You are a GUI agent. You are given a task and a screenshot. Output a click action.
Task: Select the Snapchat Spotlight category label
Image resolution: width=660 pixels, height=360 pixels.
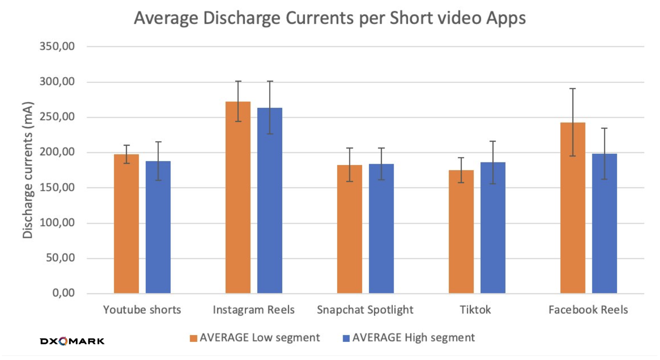pyautogui.click(x=365, y=310)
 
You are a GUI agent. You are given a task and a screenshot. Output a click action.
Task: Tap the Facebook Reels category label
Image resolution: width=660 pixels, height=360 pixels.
pyautogui.click(x=588, y=310)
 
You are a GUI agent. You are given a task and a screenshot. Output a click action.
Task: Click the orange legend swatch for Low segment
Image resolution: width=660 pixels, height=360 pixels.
pyautogui.click(x=193, y=338)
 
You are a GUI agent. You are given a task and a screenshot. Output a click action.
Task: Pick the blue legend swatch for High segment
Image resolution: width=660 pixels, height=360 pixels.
pyautogui.click(x=346, y=338)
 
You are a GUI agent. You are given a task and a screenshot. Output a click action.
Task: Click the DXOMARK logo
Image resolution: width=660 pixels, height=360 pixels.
pyautogui.click(x=72, y=341)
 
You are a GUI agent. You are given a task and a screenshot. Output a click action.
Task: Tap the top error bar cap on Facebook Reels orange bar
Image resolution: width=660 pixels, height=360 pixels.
pyautogui.click(x=572, y=88)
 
